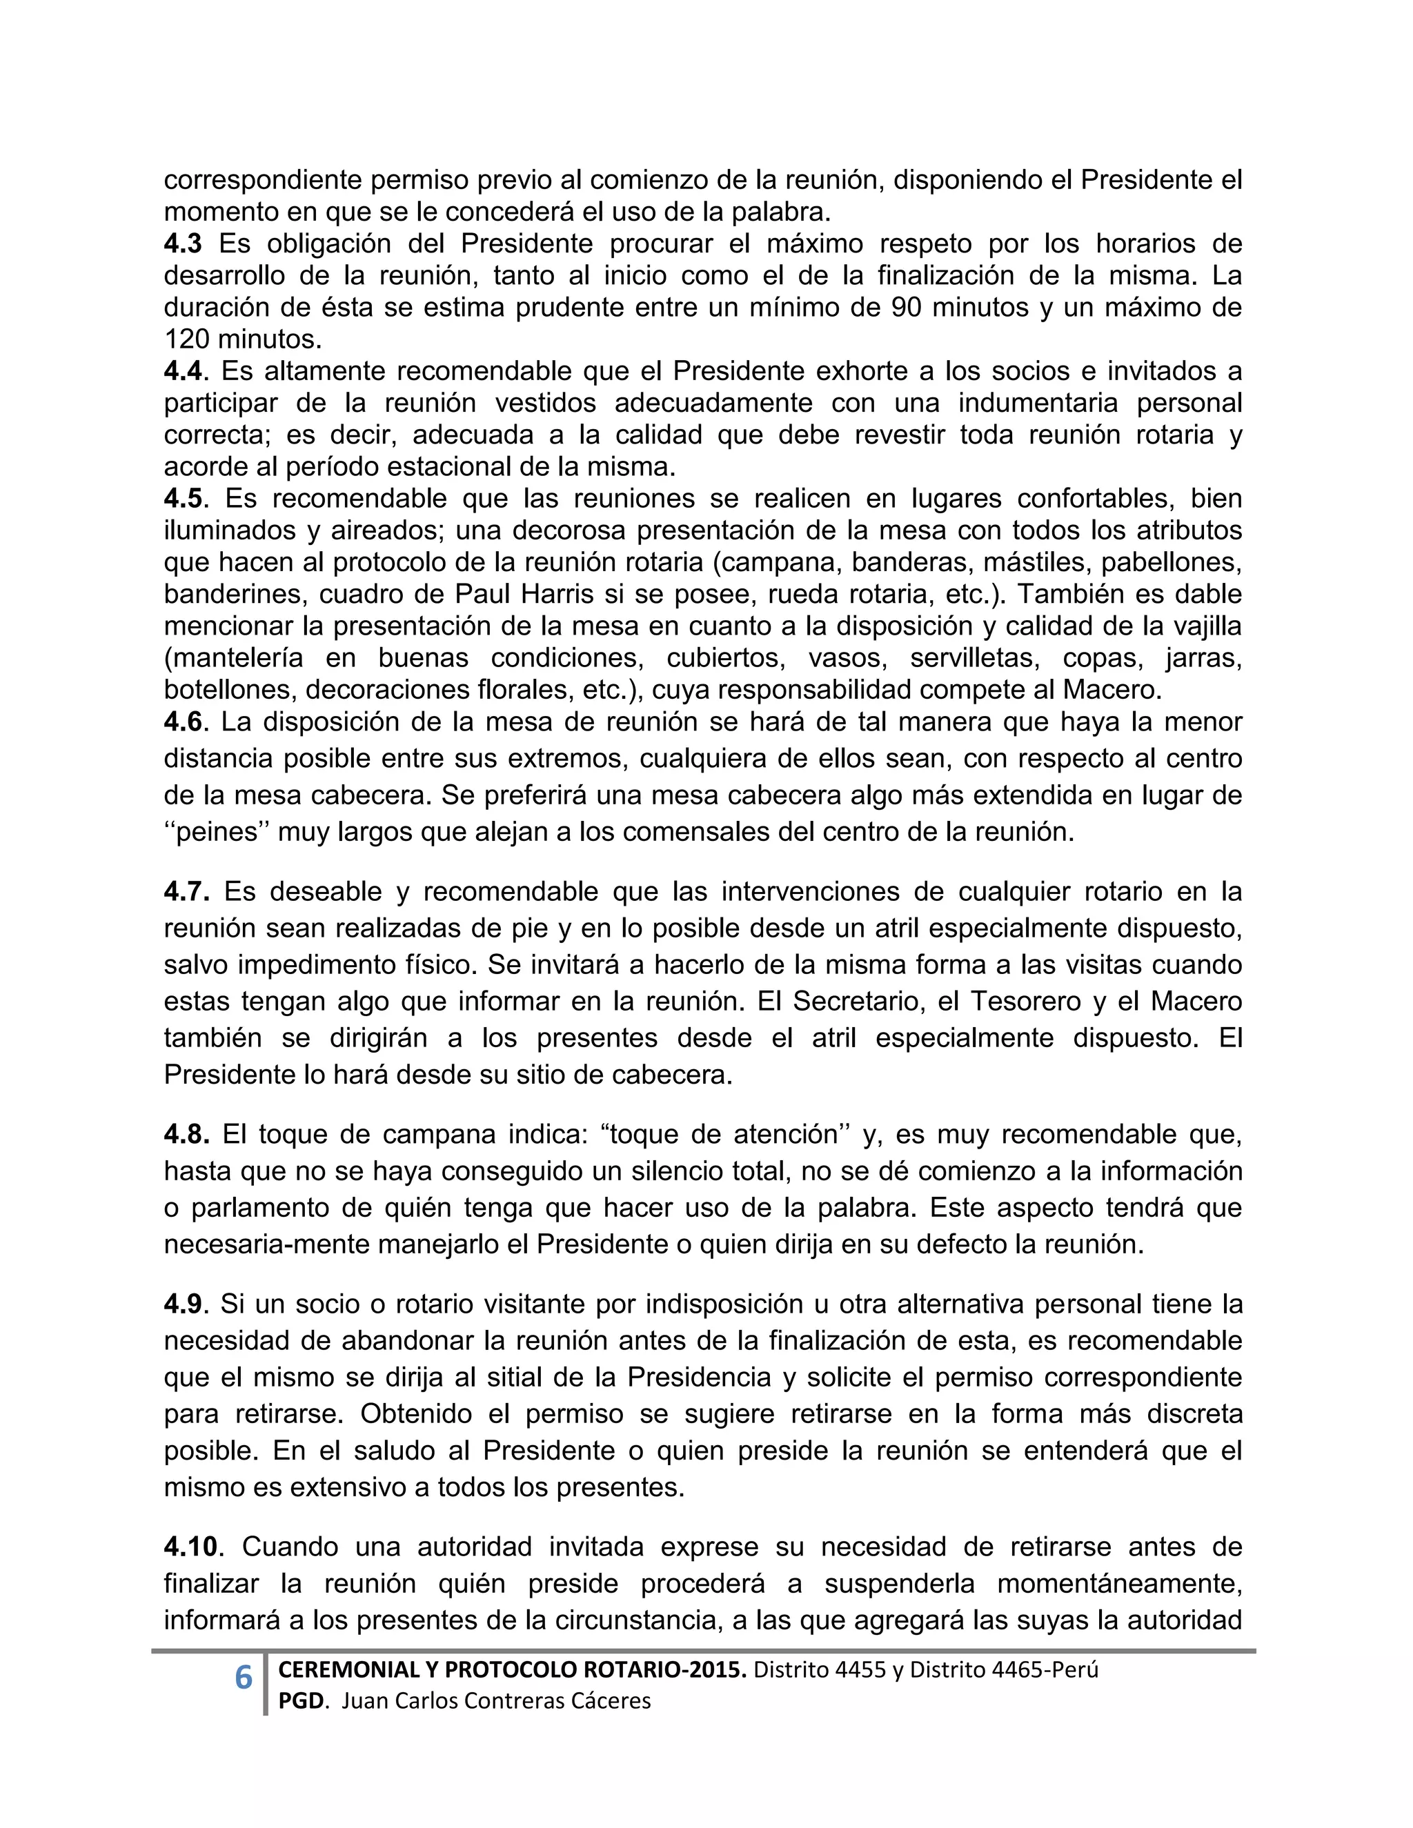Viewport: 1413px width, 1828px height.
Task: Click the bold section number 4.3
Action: pyautogui.click(x=182, y=244)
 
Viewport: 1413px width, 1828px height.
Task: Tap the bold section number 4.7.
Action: pyautogui.click(x=186, y=891)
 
